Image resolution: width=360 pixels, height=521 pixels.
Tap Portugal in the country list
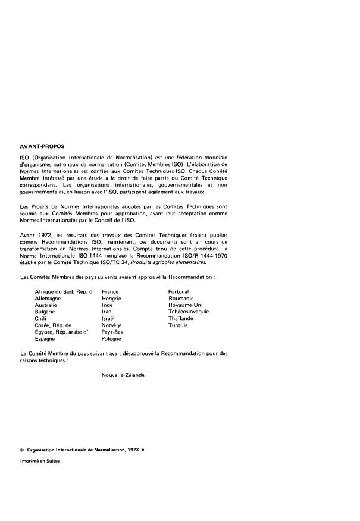pos(179,291)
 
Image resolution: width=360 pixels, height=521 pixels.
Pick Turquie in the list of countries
pos(178,325)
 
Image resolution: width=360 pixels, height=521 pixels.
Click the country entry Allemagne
pos(49,299)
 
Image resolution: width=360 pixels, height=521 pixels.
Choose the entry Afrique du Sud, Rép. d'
pos(65,291)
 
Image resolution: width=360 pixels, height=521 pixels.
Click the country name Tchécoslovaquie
pos(189,312)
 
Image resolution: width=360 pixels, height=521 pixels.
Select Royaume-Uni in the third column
pos(185,305)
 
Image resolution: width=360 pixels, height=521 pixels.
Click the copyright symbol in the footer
pos(22,450)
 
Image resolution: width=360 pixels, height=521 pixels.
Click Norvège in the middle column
pos(111,325)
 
